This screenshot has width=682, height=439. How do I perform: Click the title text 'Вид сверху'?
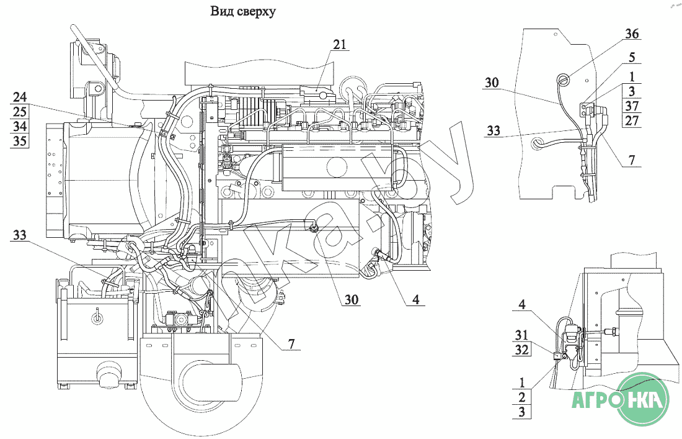point(242,11)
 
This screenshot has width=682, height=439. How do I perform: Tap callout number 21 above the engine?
point(340,44)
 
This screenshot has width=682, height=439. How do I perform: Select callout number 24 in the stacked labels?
point(20,97)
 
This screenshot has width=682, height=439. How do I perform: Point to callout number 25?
point(20,112)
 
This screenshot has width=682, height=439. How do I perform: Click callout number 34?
point(20,126)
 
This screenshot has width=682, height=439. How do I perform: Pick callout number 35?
point(20,141)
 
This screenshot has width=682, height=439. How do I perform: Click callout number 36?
point(632,34)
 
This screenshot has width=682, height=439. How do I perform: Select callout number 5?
point(632,57)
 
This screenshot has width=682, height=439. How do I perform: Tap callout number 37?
point(632,106)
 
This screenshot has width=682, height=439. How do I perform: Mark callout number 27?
point(632,120)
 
